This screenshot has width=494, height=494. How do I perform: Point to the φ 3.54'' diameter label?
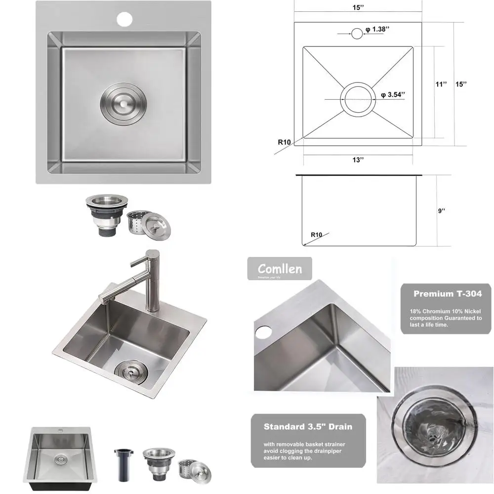click(393, 94)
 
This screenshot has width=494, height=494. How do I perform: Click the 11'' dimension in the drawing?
click(441, 84)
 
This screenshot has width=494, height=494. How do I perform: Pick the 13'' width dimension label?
click(358, 160)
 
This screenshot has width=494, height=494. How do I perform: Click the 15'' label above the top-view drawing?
click(358, 8)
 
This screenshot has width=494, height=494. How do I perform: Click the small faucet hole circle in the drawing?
click(357, 34)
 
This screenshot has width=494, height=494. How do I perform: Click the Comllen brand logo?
click(280, 269)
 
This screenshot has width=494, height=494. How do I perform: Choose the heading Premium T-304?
click(447, 293)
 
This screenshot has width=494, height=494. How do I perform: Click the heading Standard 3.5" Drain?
click(308, 426)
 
